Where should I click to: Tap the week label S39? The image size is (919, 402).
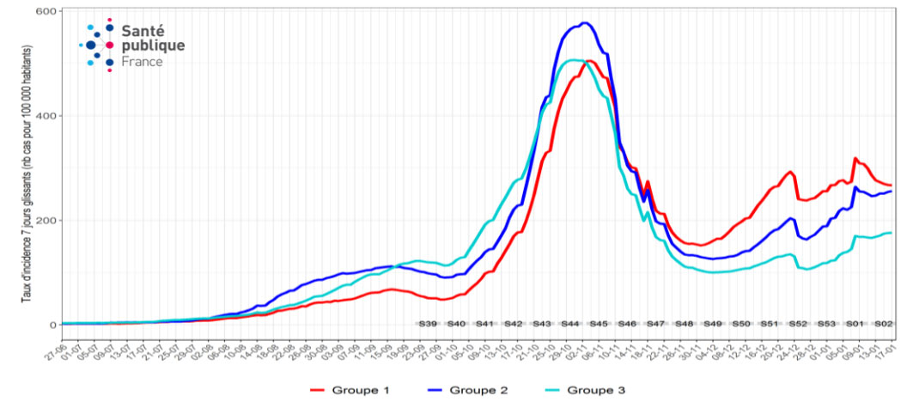428,324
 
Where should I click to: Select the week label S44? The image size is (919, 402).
570,324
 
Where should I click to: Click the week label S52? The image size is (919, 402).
798,324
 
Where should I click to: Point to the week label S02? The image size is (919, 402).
883,324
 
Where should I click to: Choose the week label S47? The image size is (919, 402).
655,324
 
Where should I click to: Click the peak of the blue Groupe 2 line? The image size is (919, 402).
585,23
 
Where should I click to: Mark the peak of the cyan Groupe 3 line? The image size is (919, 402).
573,60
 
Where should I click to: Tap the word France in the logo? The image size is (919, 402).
142,62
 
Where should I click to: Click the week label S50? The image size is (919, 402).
740,324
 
